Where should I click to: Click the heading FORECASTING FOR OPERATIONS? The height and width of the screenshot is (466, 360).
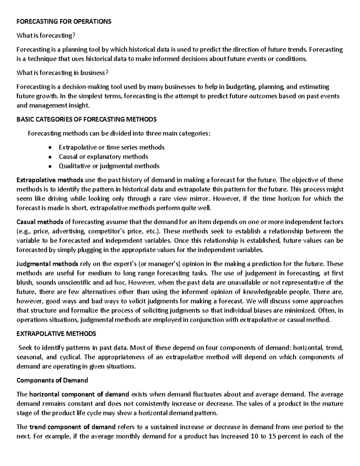64,22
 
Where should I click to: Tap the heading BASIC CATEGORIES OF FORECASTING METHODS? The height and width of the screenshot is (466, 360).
86,119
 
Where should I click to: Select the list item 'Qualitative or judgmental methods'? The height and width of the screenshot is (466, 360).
109,166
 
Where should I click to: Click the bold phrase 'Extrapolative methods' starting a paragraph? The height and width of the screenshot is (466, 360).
50,180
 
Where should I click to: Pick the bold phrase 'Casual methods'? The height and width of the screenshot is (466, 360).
40,222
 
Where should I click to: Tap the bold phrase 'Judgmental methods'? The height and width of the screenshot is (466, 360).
47,264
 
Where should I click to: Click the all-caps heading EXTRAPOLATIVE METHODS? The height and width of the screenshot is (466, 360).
56,334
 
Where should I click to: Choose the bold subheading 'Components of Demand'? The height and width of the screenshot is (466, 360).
52,380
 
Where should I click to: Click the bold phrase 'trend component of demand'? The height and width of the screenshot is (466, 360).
72,427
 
